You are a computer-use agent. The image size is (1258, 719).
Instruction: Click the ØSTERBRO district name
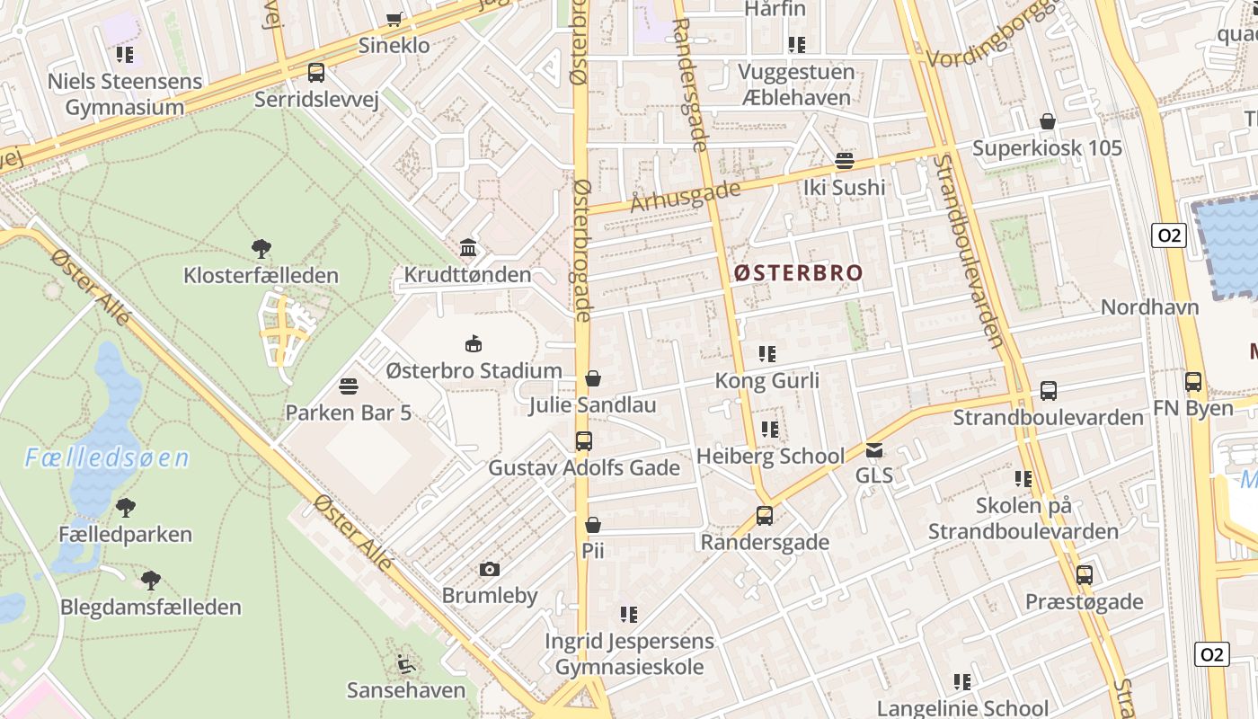tap(798, 272)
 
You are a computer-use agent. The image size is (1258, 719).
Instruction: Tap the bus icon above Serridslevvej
tap(315, 73)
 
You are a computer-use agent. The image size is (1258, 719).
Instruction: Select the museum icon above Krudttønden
tap(467, 248)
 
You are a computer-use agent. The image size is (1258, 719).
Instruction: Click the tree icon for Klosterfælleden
tap(261, 248)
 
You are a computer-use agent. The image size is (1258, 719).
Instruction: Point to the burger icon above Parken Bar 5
tap(349, 386)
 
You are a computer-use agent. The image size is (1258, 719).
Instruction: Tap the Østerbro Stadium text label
tap(474, 370)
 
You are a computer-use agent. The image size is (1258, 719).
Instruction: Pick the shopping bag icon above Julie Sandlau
tap(592, 379)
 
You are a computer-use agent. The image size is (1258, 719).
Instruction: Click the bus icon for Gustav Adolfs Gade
tap(584, 441)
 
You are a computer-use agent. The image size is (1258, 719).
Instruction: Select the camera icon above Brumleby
tap(490, 569)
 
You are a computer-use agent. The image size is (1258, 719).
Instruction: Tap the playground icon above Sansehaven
tap(406, 664)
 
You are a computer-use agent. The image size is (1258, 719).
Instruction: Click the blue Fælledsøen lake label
tap(107, 458)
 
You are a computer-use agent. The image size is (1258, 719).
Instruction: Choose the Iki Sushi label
tap(844, 187)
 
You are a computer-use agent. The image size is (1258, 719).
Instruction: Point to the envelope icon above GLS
tap(874, 449)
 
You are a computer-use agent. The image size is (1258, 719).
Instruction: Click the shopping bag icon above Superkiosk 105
tap(1047, 121)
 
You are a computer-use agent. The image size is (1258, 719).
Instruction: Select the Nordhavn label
tap(1149, 306)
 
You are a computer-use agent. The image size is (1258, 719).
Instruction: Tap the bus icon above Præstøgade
tap(1085, 575)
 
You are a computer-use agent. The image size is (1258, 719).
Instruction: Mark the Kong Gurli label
tap(766, 380)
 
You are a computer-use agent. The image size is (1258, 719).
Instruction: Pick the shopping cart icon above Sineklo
tap(394, 19)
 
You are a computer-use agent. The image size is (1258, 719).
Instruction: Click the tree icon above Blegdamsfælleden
tap(151, 580)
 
